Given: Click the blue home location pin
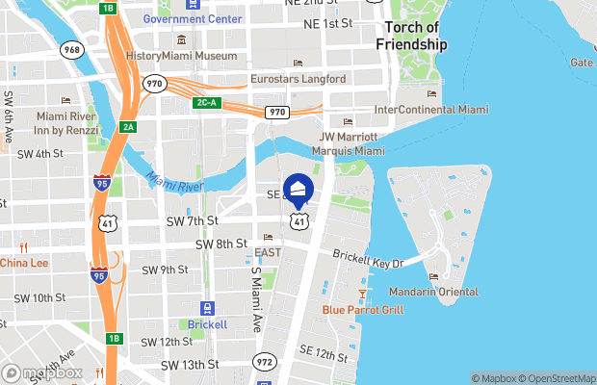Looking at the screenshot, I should pos(298,189).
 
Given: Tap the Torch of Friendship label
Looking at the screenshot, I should pos(412,37).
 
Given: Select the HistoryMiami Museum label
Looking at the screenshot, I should pos(181,56).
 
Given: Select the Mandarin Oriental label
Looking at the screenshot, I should pos(433,292).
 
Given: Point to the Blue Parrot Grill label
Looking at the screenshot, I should pos(362,310).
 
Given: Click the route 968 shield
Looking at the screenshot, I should pos(70,48).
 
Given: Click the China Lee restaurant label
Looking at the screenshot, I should pos(23,263).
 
